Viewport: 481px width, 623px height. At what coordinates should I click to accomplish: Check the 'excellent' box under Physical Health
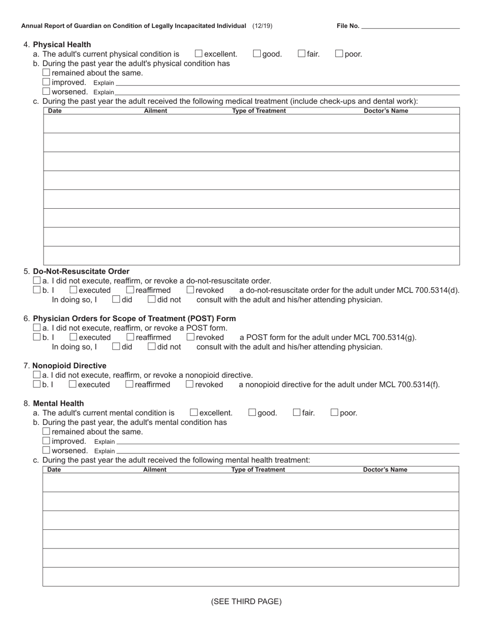[x=198, y=54]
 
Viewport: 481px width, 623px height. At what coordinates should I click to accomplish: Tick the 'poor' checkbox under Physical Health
[x=339, y=54]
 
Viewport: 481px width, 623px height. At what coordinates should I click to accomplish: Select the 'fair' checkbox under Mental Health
[x=297, y=412]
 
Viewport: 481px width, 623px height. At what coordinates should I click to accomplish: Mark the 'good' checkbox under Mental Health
[x=252, y=412]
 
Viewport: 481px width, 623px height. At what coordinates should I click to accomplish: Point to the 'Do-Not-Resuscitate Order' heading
[x=81, y=271]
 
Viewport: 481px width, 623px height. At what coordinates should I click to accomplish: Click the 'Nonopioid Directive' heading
[x=70, y=365]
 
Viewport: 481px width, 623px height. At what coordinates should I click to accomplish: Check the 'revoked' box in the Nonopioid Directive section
[x=190, y=384]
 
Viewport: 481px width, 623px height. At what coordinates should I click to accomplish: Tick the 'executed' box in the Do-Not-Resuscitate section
[x=73, y=290]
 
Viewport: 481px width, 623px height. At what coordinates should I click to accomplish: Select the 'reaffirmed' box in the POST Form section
[x=130, y=337]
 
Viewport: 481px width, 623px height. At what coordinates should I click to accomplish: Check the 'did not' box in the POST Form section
[x=152, y=346]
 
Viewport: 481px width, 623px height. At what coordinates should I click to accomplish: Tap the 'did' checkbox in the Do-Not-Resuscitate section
[x=116, y=299]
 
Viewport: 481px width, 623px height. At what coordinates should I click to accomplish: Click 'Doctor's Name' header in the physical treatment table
[x=386, y=111]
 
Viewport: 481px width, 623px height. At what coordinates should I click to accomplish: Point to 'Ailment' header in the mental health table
[x=155, y=470]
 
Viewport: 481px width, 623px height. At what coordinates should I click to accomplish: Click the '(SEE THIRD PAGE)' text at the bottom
[x=246, y=601]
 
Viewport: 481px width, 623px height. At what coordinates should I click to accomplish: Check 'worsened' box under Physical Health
[x=47, y=92]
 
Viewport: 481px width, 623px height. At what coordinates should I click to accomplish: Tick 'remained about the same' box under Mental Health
[x=47, y=431]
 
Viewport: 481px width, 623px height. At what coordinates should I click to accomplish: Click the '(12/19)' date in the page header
[x=262, y=26]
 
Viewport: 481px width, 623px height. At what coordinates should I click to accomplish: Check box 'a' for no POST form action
[x=36, y=328]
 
